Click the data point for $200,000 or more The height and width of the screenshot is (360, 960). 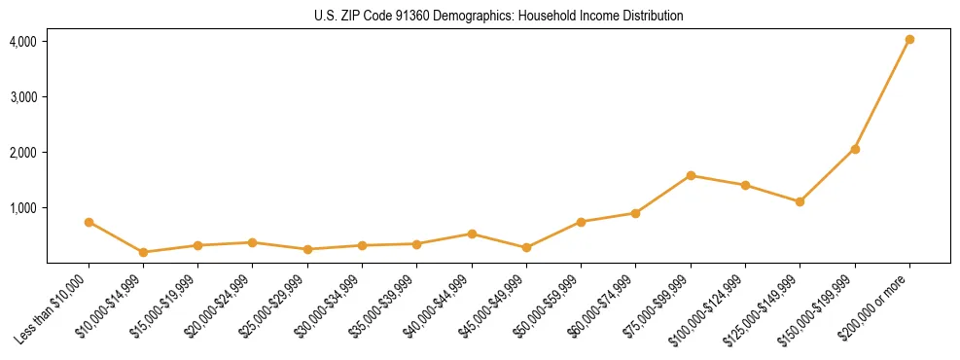click(909, 40)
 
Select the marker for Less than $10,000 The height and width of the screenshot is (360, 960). click(89, 222)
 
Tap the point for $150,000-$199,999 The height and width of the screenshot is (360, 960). click(855, 149)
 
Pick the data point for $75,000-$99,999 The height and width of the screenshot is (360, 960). click(691, 176)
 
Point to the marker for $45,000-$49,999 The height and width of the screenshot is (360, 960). click(526, 247)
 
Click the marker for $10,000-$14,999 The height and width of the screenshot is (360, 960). click(143, 252)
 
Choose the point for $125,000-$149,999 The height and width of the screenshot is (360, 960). click(800, 201)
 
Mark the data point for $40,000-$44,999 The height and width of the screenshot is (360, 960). click(472, 234)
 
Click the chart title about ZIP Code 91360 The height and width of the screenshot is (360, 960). click(498, 17)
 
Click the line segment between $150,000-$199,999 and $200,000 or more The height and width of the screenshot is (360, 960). click(882, 94)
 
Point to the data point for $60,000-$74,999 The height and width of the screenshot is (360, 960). click(635, 213)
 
